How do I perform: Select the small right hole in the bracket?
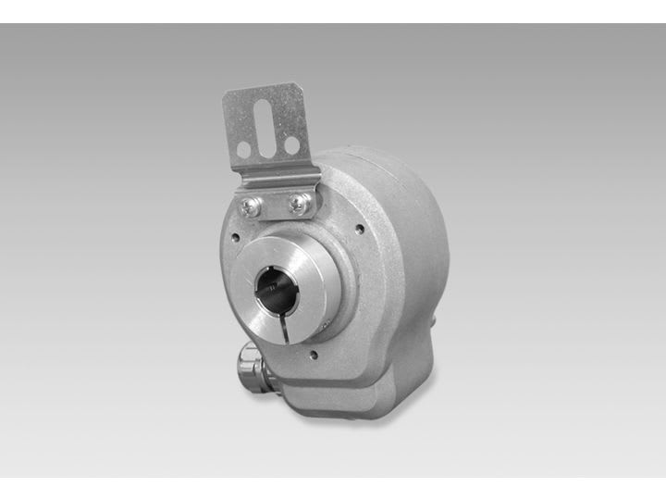point(291,144)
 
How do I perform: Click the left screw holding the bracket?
point(248,206)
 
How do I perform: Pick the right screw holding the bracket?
point(298,203)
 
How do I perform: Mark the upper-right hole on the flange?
point(359,226)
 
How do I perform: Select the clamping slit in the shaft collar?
point(286,330)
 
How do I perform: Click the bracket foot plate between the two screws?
point(273,206)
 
